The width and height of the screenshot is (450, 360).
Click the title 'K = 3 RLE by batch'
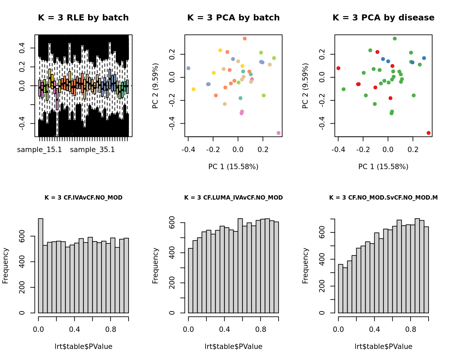tap(83, 18)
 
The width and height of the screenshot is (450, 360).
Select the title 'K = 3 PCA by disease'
tap(383, 18)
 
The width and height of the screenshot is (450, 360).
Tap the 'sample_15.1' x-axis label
tap(40, 150)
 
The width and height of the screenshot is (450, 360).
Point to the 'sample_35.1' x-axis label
tap(92, 150)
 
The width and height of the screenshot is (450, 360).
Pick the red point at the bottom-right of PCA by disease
tap(429, 133)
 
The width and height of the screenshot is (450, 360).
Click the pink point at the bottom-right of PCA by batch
tap(279, 133)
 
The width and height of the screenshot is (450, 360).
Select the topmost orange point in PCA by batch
tap(245, 39)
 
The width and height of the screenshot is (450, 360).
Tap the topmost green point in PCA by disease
tap(395, 39)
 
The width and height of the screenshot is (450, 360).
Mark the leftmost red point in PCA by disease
tap(338, 68)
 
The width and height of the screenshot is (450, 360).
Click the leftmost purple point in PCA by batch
tap(188, 68)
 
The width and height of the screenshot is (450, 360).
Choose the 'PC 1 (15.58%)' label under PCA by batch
tap(233, 166)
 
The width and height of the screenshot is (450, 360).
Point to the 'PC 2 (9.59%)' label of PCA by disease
tap(305, 86)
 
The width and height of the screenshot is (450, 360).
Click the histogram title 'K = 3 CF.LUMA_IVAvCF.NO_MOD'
tap(233, 198)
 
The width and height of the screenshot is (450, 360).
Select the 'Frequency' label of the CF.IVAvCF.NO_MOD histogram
tap(5, 266)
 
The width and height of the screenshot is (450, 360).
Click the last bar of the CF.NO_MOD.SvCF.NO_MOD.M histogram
tap(426, 270)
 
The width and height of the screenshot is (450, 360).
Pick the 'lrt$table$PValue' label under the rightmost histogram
tap(383, 347)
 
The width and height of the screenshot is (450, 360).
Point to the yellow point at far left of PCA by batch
tap(194, 89)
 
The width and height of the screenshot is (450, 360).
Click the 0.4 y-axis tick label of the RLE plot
tap(22, 48)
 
